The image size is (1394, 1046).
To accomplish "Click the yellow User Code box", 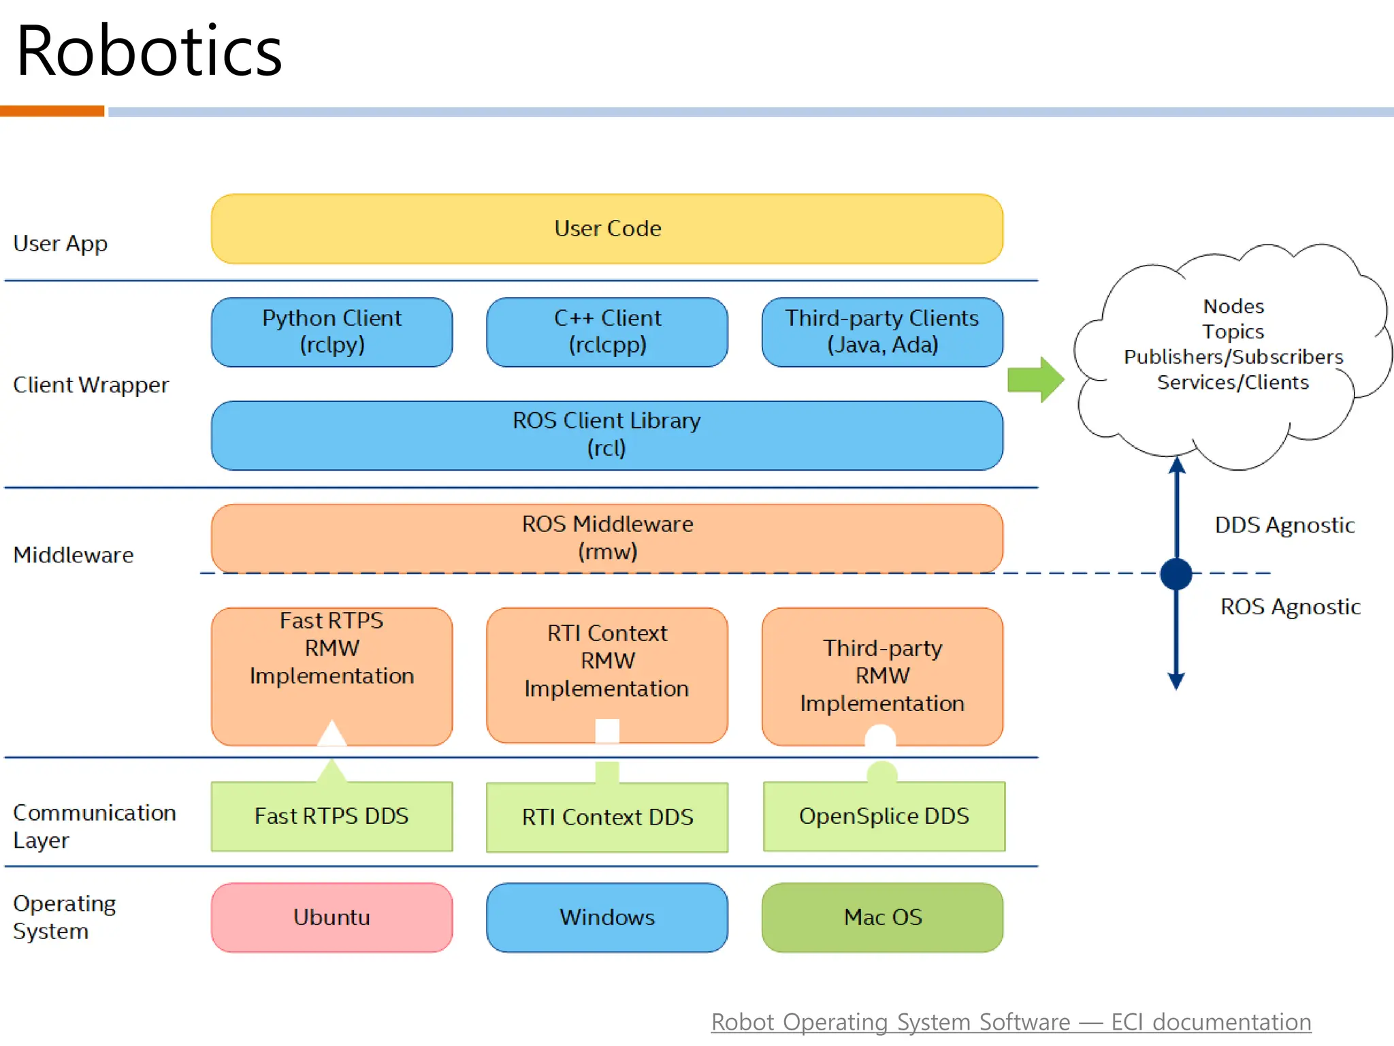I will click(x=606, y=229).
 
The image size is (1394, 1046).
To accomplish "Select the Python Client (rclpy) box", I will click(x=331, y=332).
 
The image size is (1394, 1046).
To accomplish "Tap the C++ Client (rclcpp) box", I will click(x=606, y=332).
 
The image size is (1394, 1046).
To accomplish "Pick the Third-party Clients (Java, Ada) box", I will click(x=882, y=332).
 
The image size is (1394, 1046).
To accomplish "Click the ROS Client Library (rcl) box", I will click(x=606, y=434).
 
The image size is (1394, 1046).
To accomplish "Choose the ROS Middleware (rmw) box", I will click(x=606, y=537).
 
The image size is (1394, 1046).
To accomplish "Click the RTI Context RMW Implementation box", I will click(x=606, y=661).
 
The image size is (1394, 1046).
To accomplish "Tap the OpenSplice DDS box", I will click(x=884, y=816).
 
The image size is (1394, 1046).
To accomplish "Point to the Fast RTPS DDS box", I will click(x=331, y=816).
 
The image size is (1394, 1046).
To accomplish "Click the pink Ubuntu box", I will click(x=331, y=917).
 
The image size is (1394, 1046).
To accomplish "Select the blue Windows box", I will click(x=606, y=917).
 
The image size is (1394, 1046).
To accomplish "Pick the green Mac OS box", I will click(x=882, y=917).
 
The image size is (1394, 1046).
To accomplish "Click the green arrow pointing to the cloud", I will click(x=1035, y=379).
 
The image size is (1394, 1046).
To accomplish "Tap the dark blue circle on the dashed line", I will click(x=1176, y=573).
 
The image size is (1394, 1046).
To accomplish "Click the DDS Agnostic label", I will click(x=1284, y=525).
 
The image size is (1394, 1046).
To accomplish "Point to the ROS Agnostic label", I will click(x=1290, y=607).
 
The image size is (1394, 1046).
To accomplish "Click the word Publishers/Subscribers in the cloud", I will click(x=1233, y=357).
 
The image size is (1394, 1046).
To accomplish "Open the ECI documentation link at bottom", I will click(x=1011, y=1022).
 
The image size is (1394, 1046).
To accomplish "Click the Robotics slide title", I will click(x=149, y=51).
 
